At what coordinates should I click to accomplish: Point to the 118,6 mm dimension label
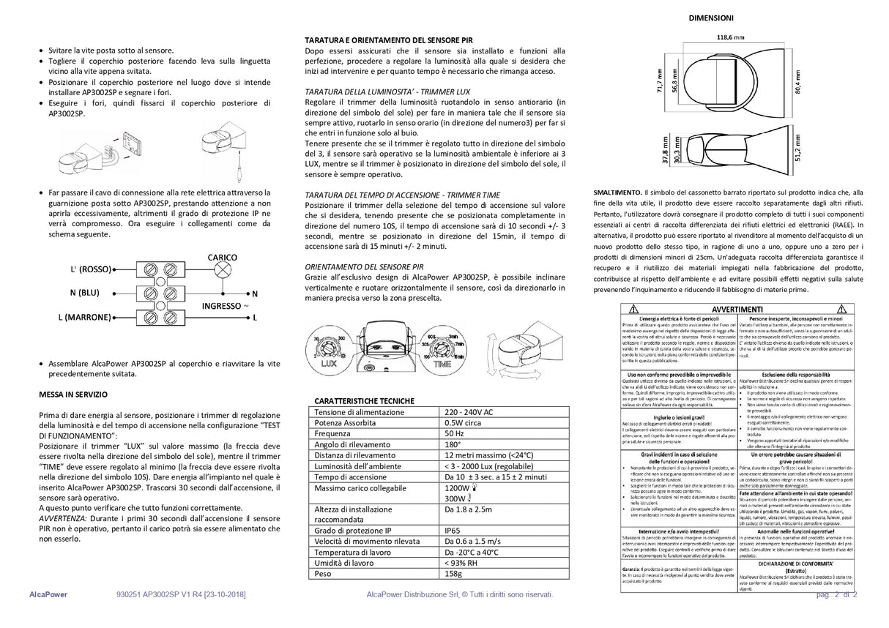(x=730, y=37)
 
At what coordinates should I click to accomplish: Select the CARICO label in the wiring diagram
(x=222, y=258)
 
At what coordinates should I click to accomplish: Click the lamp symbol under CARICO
(x=221, y=270)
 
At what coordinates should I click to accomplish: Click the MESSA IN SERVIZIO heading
(x=73, y=395)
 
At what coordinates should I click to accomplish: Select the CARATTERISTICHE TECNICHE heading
(x=364, y=401)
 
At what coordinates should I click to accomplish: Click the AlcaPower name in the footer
(x=50, y=595)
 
